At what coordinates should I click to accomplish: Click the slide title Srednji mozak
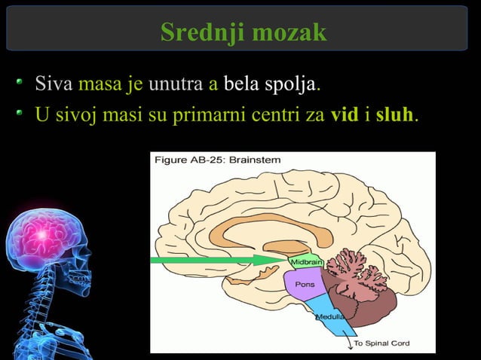click(243, 32)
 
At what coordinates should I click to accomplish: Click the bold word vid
click(344, 117)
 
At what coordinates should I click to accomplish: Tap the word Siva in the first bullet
click(54, 84)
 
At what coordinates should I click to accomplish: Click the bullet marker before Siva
click(24, 82)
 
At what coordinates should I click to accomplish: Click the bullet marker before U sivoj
click(24, 115)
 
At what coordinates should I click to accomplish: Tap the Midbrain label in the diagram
click(307, 261)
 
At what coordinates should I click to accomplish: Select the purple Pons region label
click(305, 285)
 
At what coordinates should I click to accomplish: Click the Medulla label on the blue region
click(329, 317)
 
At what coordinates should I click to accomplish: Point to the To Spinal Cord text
click(382, 343)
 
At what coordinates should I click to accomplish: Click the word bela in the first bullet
click(240, 84)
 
